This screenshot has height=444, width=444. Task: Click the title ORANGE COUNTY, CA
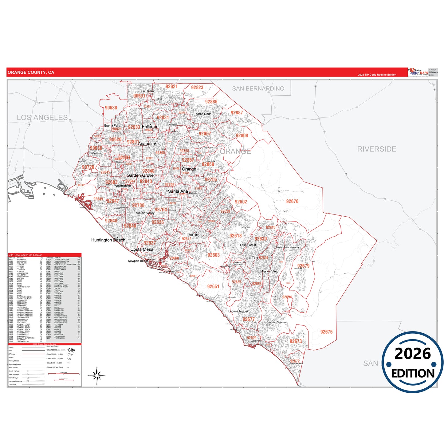(31, 73)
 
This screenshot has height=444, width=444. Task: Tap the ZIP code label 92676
(292, 201)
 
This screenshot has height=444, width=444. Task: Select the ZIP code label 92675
(326, 332)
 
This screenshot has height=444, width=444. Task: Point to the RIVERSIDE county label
(376, 149)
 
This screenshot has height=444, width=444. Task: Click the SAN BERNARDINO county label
(258, 88)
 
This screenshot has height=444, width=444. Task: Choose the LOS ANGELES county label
(42, 117)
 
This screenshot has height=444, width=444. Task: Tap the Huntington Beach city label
(108, 240)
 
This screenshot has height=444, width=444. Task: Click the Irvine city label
(191, 234)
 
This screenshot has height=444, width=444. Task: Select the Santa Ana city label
(178, 191)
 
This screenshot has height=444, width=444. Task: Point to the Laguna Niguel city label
(238, 311)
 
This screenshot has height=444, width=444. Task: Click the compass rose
(97, 375)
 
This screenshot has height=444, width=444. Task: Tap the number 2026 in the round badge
(413, 354)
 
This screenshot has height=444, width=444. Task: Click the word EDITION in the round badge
(413, 373)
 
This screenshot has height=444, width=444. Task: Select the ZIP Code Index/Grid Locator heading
(25, 255)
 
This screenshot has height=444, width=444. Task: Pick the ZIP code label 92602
(241, 202)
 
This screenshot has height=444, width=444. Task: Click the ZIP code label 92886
(211, 102)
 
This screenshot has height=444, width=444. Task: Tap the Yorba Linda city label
(203, 114)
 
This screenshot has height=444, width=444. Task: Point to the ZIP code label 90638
(111, 108)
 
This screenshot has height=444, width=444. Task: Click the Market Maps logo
(418, 72)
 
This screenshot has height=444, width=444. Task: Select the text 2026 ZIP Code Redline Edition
(377, 75)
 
